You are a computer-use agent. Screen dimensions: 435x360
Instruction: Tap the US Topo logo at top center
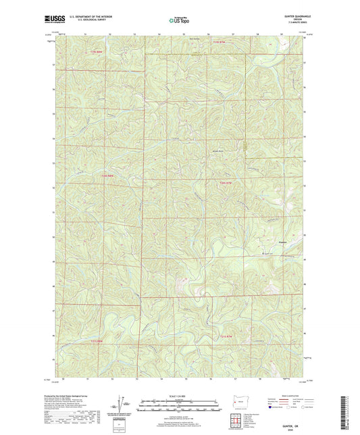180,20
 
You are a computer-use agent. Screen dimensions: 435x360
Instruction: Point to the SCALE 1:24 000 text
180,395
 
